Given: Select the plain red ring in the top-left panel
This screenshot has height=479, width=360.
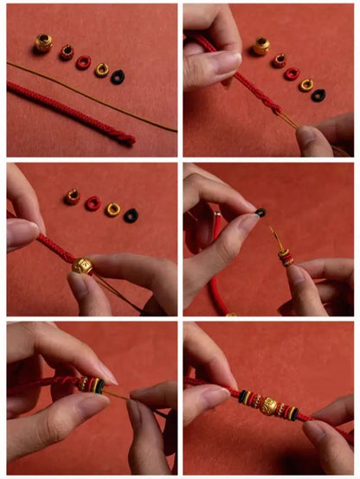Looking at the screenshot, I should point(83,62).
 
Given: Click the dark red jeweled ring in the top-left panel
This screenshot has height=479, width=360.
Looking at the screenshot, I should point(66,53).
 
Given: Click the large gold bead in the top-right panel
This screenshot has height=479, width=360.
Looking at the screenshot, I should point(261,46).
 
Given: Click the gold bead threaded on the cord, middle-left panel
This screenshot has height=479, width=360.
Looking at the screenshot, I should point(83,265).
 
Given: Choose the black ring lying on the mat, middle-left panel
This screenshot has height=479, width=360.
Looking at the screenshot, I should point(131,214).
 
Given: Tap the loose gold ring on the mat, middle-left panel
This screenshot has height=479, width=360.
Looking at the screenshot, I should point(112,208).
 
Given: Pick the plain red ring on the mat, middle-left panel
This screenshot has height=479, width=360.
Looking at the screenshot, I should point(93,203).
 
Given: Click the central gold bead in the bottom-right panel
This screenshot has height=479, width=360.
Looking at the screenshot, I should point(269,406).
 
